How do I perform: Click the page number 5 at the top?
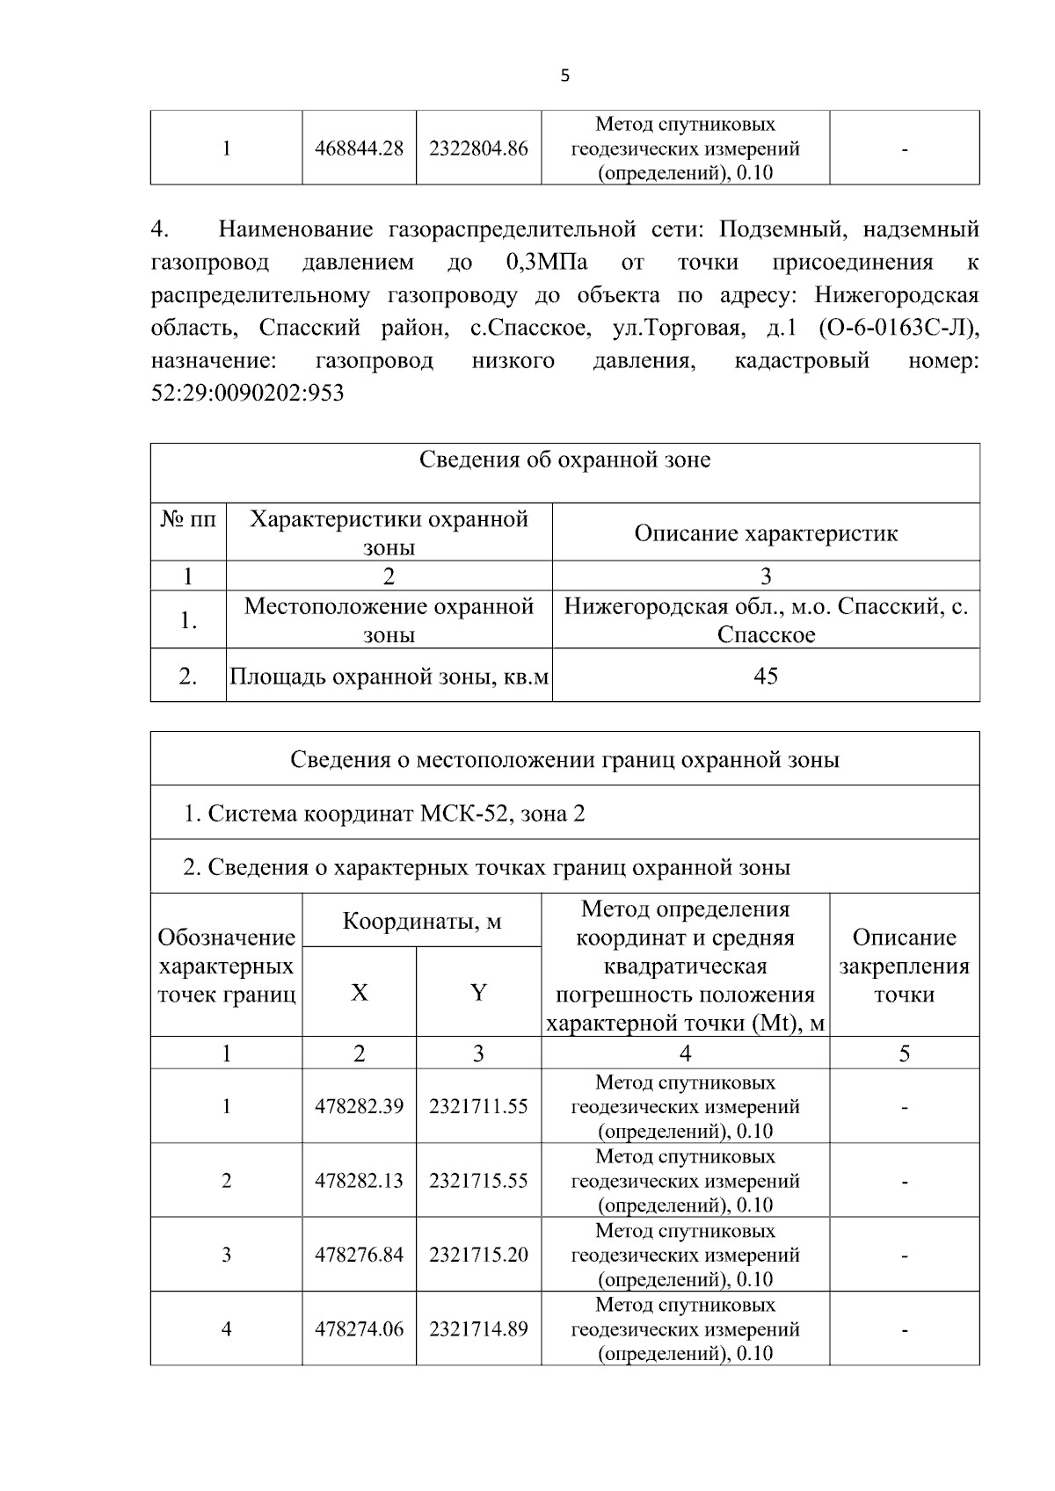(x=564, y=76)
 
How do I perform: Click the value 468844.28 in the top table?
(x=359, y=148)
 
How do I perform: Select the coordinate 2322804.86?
(x=478, y=148)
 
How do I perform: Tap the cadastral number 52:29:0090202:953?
(x=248, y=393)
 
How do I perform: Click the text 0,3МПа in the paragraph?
(x=547, y=263)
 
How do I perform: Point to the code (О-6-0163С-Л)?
(x=898, y=328)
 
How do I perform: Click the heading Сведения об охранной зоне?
(x=564, y=460)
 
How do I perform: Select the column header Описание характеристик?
(x=766, y=533)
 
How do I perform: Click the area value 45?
(x=766, y=676)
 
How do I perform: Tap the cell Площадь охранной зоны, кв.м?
(x=389, y=677)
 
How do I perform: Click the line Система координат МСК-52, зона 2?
(x=384, y=814)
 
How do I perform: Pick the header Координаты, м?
(x=421, y=922)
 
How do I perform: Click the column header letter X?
(x=359, y=993)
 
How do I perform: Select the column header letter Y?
(x=478, y=993)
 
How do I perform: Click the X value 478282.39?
(x=359, y=1106)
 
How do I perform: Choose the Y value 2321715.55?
(x=478, y=1181)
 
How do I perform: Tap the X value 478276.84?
(x=359, y=1255)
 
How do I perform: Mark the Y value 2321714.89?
(x=478, y=1329)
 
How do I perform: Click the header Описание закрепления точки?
(x=904, y=966)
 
